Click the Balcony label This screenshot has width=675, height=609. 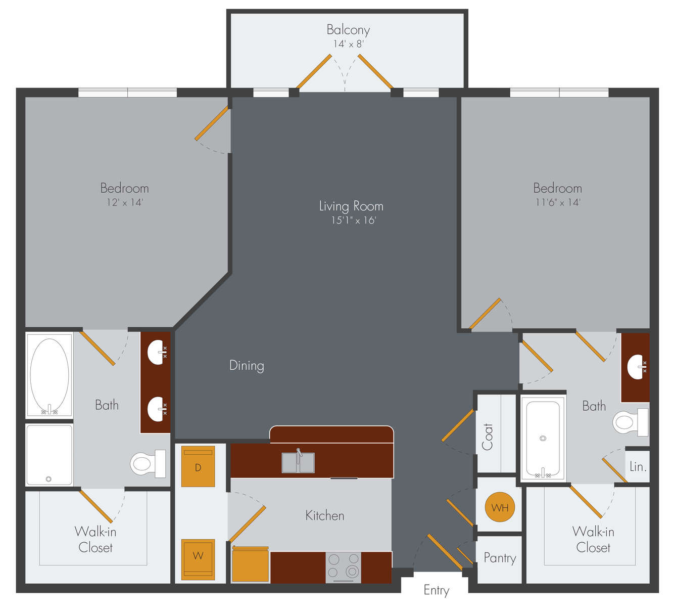pos(348,30)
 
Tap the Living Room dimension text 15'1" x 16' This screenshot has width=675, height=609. pos(353,221)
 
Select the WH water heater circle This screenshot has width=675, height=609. pos(500,507)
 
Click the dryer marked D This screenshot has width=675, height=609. pos(198,467)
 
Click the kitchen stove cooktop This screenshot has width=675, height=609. pos(343,568)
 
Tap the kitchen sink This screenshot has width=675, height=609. pos(298,462)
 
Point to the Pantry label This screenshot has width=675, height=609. pos(500,558)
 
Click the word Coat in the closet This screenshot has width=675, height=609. pos(487,437)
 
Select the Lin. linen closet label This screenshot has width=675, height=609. pos(638,466)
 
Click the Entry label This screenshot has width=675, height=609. pos(437,590)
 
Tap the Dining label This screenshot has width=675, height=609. pos(247,366)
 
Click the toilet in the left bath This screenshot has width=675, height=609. pos(148,464)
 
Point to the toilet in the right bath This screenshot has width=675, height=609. pos(630,422)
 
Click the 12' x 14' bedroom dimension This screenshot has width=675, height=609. pos(124,202)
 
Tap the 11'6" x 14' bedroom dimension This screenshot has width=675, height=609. pos(558,202)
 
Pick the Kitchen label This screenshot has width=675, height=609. pos(325,515)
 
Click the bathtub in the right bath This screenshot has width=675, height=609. pos(543,438)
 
